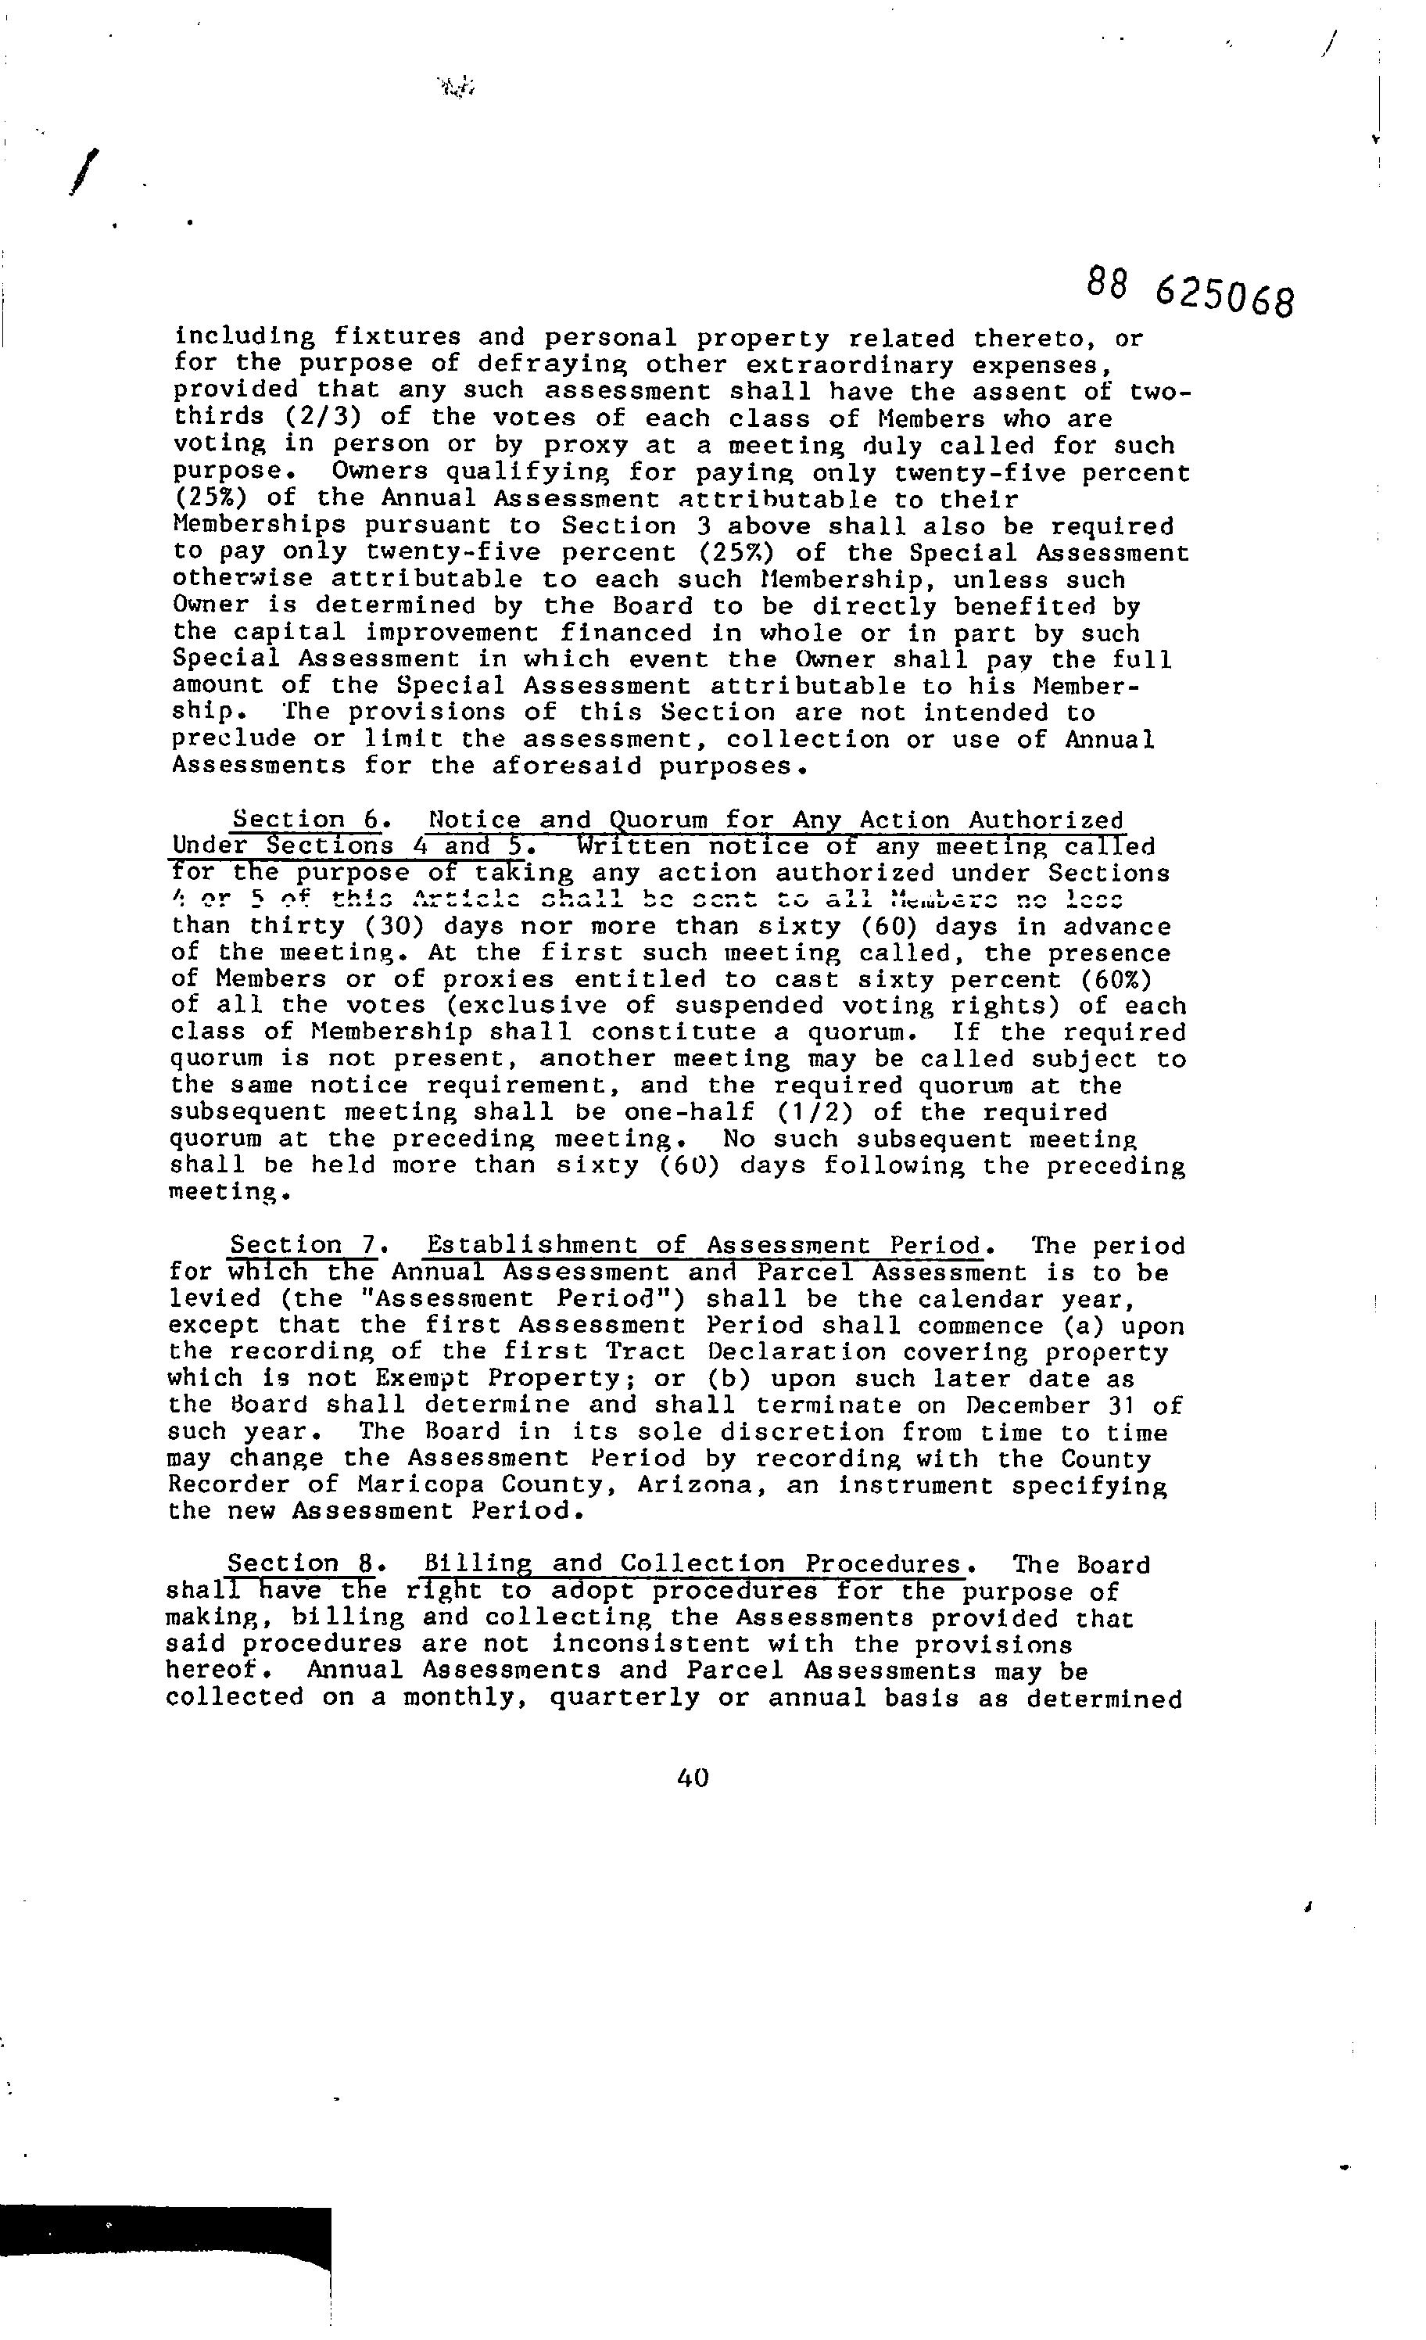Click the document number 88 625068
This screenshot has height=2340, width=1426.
coord(1190,292)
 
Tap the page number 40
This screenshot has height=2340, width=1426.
coord(693,1778)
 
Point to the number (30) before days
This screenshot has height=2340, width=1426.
coord(384,926)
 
